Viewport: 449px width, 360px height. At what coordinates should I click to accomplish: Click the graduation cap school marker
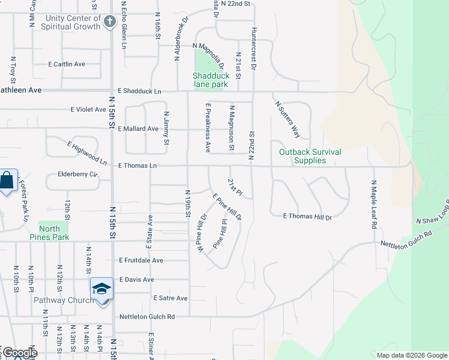[x=101, y=289]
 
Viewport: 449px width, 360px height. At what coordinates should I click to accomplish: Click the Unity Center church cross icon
[x=109, y=22]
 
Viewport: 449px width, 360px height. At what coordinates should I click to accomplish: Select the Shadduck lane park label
[x=210, y=80]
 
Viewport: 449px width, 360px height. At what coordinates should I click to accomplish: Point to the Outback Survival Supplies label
[x=310, y=156]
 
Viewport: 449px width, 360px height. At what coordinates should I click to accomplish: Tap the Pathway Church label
[x=63, y=300]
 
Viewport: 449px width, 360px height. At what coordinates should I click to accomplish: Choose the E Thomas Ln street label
[x=137, y=166]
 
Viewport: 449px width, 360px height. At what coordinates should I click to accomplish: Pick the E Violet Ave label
[x=88, y=110]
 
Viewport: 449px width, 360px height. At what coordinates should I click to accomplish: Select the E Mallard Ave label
[x=138, y=128]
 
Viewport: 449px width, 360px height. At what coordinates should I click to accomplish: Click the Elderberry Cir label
[x=77, y=175]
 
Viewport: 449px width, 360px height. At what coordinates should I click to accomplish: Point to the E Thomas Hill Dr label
[x=307, y=217]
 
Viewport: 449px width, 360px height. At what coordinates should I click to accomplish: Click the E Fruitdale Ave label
[x=141, y=260]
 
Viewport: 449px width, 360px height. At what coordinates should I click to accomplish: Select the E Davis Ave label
[x=137, y=280]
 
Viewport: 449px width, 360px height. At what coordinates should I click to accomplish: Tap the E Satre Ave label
[x=170, y=298]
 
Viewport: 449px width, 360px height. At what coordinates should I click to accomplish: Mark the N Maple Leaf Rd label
[x=373, y=205]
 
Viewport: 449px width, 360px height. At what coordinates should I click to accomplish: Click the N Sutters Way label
[x=288, y=118]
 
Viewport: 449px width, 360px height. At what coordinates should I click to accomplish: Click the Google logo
[x=19, y=353]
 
